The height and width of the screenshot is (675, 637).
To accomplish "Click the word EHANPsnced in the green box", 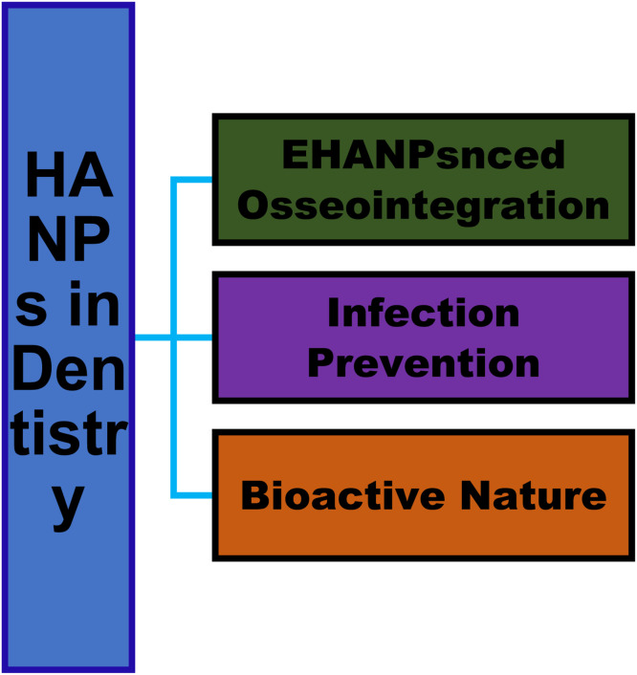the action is pos(424,155).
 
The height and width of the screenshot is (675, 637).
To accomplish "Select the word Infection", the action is pos(424,313).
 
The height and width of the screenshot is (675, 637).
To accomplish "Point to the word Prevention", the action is pos(424,362).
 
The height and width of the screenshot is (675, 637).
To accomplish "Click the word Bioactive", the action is pos(342,495).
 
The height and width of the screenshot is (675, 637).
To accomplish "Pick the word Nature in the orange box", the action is pos(533,495).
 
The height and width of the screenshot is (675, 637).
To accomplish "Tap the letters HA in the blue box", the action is pos(69,175).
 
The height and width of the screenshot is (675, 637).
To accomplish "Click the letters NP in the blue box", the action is pos(69,239).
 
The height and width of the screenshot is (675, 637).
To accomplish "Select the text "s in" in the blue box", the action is pos(68,303).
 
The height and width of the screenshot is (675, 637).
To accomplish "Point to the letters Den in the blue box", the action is pos(69,368).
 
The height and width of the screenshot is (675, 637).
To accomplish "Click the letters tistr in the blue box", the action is pos(69,432).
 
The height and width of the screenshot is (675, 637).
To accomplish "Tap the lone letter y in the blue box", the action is pos(68,505).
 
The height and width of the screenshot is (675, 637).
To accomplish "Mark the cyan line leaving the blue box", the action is pos(153,337).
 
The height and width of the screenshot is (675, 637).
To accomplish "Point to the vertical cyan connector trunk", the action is pos(174,337).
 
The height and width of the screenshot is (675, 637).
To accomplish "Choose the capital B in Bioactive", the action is pos(254,495).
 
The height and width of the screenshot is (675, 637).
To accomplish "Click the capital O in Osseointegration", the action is pos(253,205).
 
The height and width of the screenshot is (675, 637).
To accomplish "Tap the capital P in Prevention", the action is pos(320,362).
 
